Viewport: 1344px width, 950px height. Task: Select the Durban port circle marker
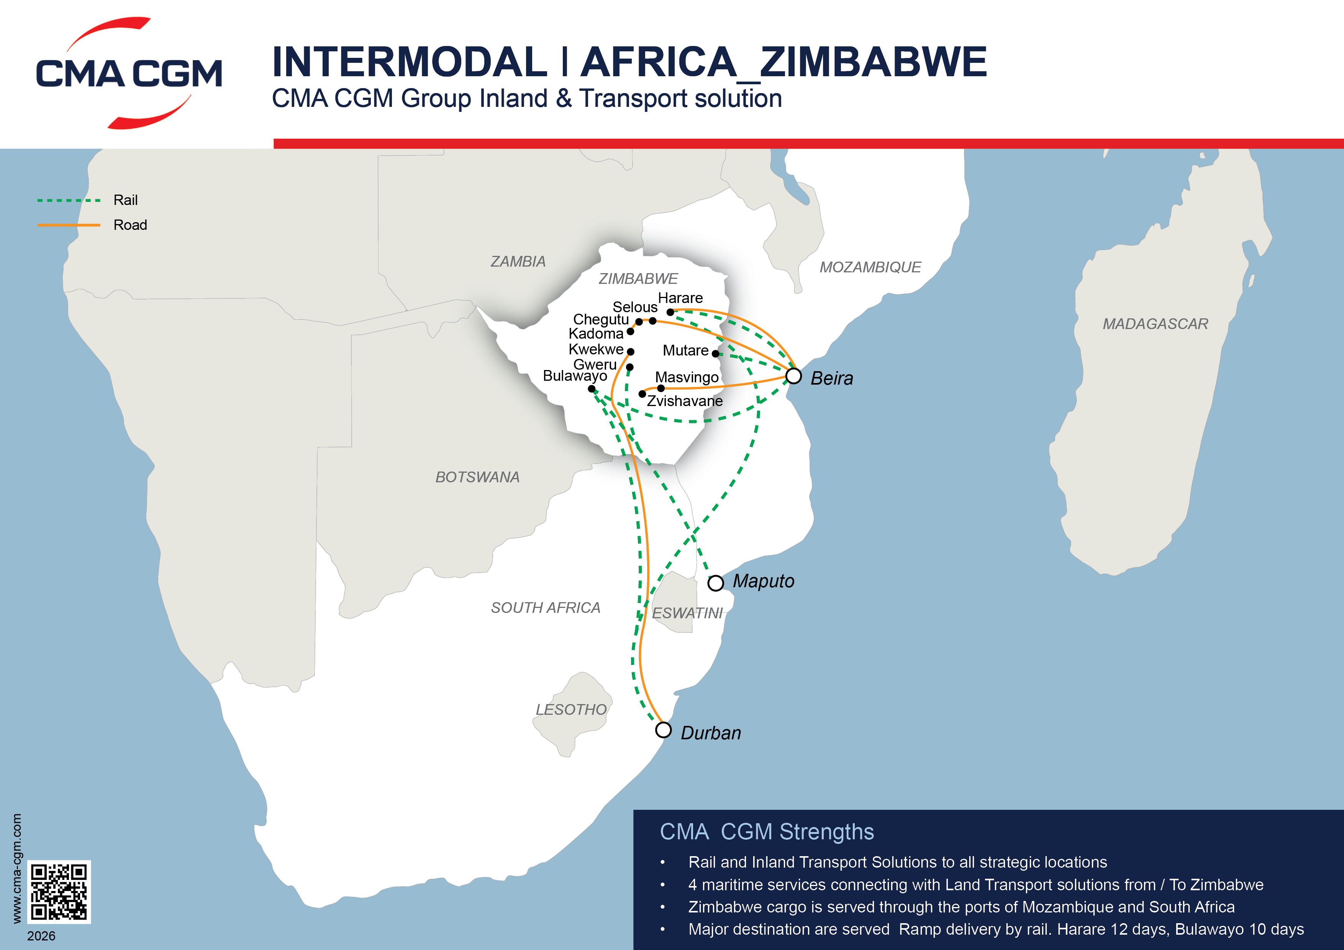pos(663,730)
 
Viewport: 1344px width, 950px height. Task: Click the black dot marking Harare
pos(670,312)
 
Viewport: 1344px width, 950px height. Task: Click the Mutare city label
pos(685,351)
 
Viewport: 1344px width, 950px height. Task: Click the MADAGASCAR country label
pos(1155,324)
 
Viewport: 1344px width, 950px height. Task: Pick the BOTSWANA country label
pos(477,477)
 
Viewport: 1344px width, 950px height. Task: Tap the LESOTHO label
pos(571,709)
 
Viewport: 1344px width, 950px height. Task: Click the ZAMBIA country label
pos(518,262)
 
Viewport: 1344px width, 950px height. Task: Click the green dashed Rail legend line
pos(69,200)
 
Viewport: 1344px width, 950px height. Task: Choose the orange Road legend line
pos(69,225)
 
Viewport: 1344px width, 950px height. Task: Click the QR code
pos(59,891)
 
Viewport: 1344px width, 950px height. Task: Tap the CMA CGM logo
pos(129,73)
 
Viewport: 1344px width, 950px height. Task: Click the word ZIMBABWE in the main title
pos(873,62)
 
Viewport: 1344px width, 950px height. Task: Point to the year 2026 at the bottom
pos(41,936)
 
